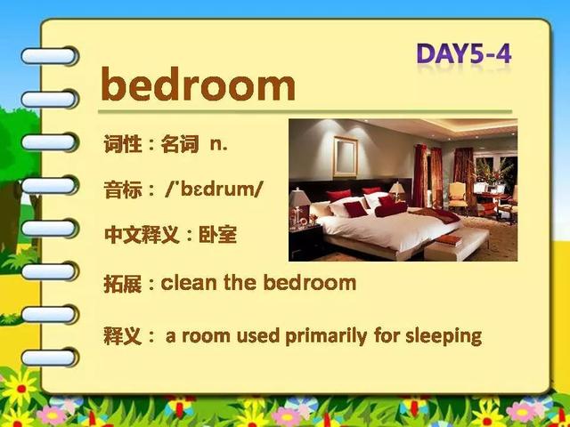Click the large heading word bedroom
[x=198, y=85]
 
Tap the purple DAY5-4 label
[x=464, y=53]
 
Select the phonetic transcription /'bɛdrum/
[x=214, y=189]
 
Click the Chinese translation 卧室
[x=217, y=235]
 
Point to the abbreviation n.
[x=218, y=144]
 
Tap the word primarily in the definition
[x=326, y=336]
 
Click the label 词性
[x=122, y=144]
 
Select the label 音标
[x=123, y=189]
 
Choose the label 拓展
[x=123, y=284]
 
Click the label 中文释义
[x=142, y=235]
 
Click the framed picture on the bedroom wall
[x=346, y=157]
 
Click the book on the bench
[x=449, y=240]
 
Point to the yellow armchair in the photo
[x=457, y=197]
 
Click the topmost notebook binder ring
[x=50, y=56]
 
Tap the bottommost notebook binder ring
[x=50, y=358]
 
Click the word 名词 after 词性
[x=180, y=144]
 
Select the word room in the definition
[x=206, y=336]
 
